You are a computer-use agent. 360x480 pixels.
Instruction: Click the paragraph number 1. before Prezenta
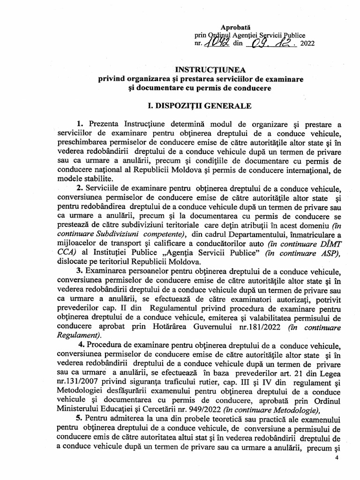pyautogui.click(x=79, y=124)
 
